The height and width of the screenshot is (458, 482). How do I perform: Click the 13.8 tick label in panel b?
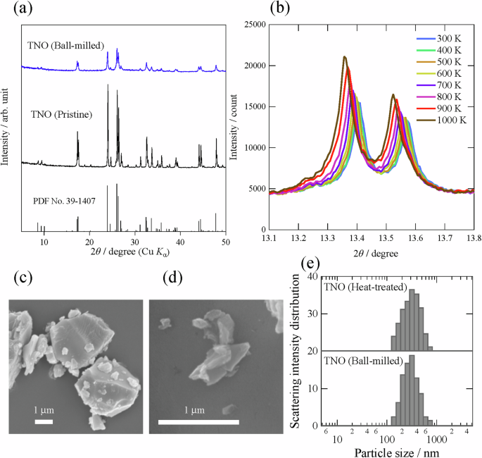coord(474,238)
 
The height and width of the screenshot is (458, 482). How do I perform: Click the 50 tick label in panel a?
coord(225,242)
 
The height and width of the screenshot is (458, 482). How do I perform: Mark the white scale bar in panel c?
coord(44,421)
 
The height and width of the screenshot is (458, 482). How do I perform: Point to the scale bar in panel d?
coord(199,422)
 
